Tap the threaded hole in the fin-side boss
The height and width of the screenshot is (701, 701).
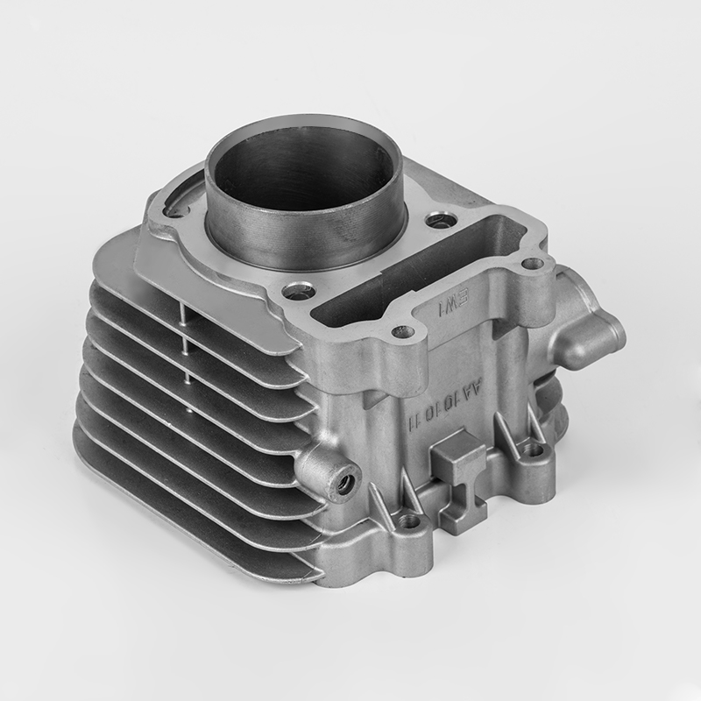point(338,480)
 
